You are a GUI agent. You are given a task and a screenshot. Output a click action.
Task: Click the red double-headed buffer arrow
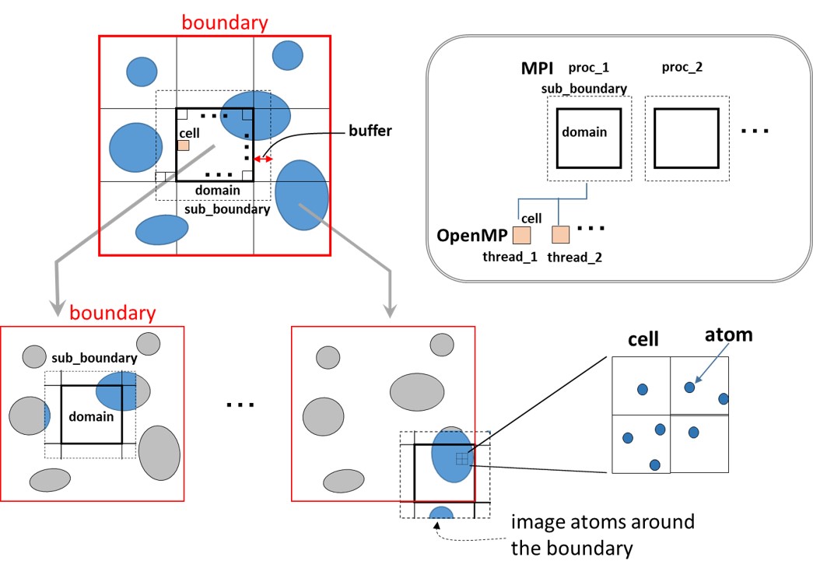[x=263, y=160]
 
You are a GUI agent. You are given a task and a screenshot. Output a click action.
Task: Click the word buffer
[x=370, y=131]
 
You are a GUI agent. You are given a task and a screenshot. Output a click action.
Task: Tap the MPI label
[x=537, y=68]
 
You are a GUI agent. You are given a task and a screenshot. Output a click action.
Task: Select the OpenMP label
[x=471, y=236]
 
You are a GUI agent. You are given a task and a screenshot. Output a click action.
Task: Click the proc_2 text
[x=682, y=68]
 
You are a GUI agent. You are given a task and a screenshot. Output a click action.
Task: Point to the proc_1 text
[x=588, y=68]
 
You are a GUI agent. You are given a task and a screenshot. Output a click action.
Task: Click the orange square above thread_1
[x=521, y=235]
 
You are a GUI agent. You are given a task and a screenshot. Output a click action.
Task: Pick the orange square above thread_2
[x=560, y=234]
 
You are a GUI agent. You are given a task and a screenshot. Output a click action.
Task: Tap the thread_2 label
[x=574, y=258]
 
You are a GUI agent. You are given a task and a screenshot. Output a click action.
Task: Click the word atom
[x=728, y=335]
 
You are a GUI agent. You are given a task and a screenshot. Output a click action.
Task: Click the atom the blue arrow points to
[x=689, y=387]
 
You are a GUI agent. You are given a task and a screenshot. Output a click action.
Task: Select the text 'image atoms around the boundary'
[x=602, y=535]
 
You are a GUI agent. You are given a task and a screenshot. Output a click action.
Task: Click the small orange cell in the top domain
[x=184, y=146]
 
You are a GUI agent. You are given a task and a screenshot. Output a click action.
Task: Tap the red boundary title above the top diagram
[x=225, y=23]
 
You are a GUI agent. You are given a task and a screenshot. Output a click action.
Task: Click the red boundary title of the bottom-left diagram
[x=113, y=313]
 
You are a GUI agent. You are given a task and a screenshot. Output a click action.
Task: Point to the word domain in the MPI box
[x=584, y=132]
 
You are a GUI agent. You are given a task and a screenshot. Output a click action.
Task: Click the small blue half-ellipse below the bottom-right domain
[x=441, y=513]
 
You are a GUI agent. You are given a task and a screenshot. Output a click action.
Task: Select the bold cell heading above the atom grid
[x=643, y=339]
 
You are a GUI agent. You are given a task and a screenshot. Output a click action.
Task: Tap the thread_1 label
[x=510, y=257]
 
